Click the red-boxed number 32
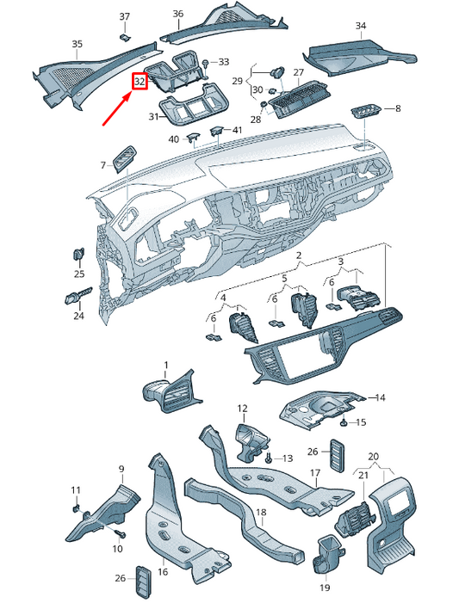pyautogui.click(x=140, y=82)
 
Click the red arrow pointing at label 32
pyautogui.click(x=116, y=109)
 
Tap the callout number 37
pyautogui.click(x=124, y=16)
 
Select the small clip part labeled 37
pyautogui.click(x=124, y=37)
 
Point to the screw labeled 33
pyautogui.click(x=207, y=64)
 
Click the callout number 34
pyautogui.click(x=361, y=26)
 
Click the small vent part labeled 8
pyautogui.click(x=366, y=113)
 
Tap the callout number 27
pyautogui.click(x=299, y=72)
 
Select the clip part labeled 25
pyautogui.click(x=79, y=255)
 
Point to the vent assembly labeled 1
pyautogui.click(x=171, y=391)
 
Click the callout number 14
pyautogui.click(x=380, y=397)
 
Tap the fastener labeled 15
pyautogui.click(x=344, y=422)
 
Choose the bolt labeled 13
pyautogui.click(x=270, y=458)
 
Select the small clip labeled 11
pyautogui.click(x=77, y=508)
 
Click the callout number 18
pyautogui.click(x=261, y=512)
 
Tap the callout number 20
pyautogui.click(x=373, y=457)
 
